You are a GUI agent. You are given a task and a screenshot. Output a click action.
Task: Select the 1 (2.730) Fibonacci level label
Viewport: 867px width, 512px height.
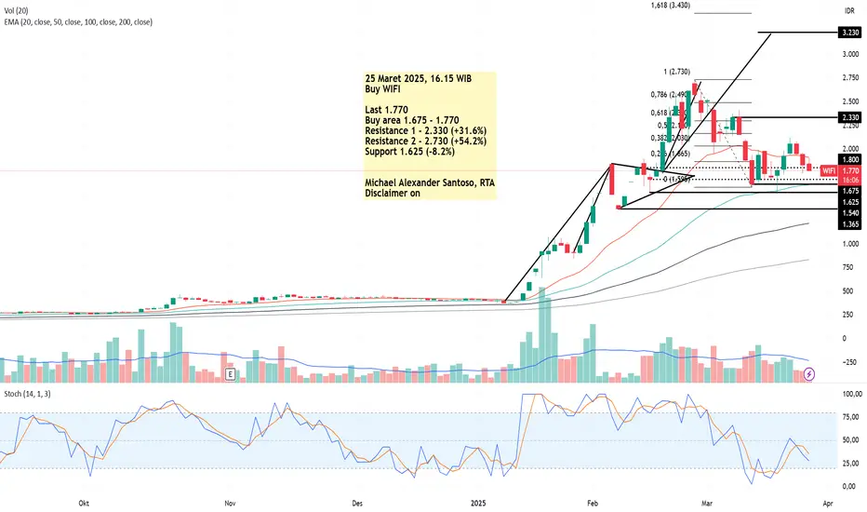[675, 72]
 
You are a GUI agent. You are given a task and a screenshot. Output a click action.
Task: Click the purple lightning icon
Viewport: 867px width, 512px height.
[809, 373]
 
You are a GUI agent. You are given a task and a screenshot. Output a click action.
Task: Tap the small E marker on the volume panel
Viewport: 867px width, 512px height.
[230, 374]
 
